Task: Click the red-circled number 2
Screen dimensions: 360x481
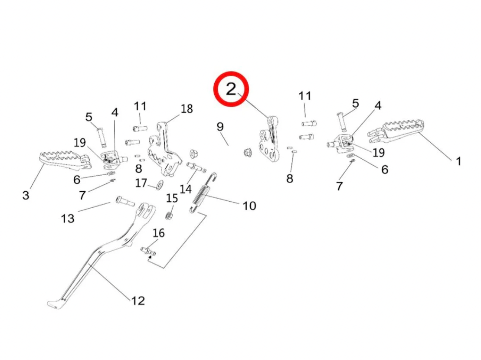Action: (x=231, y=89)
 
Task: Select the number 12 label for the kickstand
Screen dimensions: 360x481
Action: (x=138, y=300)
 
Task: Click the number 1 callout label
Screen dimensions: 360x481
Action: (x=458, y=161)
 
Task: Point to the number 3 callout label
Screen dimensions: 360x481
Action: (x=26, y=195)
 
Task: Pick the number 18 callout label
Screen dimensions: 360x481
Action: (x=187, y=108)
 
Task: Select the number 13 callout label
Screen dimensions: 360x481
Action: (x=68, y=218)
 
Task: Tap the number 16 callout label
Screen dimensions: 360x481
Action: (x=159, y=233)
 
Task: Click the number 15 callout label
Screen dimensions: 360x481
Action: (x=172, y=199)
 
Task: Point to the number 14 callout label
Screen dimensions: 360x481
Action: (x=185, y=189)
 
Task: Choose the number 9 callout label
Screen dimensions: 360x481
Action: (x=220, y=127)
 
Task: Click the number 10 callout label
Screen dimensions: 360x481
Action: (x=249, y=205)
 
